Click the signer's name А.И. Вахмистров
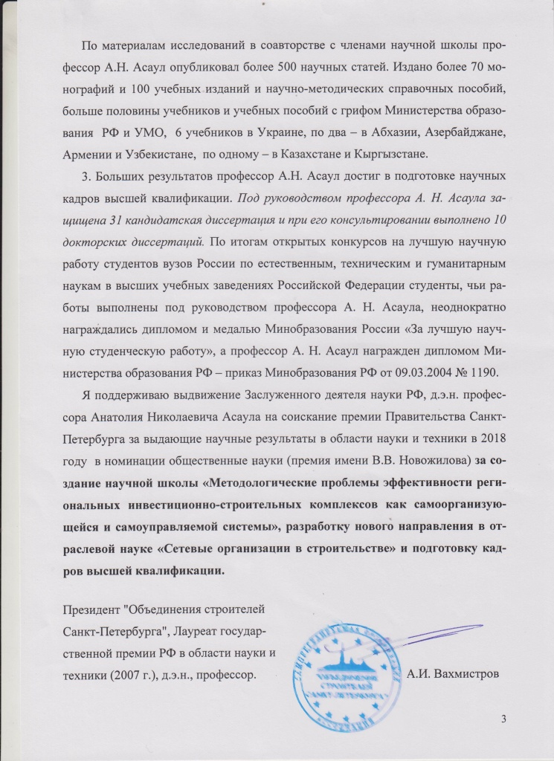pyautogui.click(x=454, y=675)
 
